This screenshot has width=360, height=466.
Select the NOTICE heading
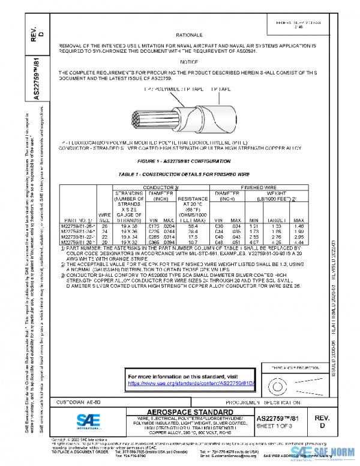(188, 62)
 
